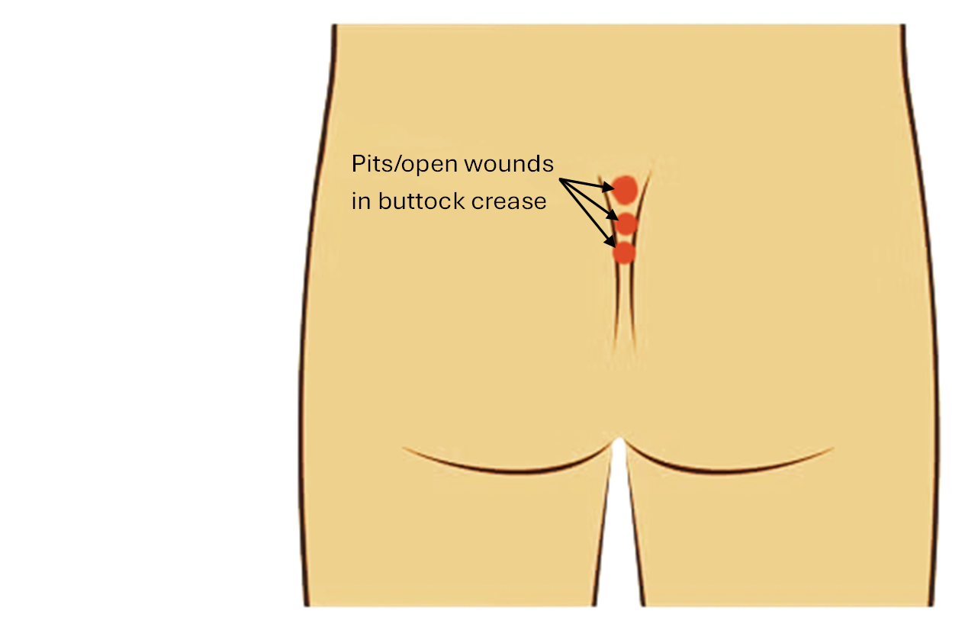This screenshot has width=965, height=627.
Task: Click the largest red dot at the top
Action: pos(624,188)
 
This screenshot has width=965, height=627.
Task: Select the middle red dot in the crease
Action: pos(626,223)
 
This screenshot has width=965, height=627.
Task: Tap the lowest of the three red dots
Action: pos(623,252)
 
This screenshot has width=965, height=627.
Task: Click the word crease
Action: pos(510,201)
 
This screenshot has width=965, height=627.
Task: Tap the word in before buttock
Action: pos(358,201)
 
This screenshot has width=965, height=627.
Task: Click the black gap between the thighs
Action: pos(619,534)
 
